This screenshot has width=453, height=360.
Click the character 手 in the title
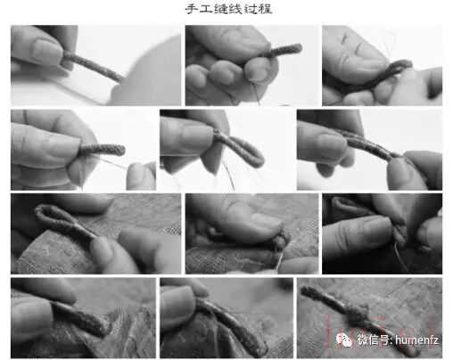pos(191,9)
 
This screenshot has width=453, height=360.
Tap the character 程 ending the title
pos(265,9)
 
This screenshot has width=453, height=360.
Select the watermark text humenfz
pos(416,340)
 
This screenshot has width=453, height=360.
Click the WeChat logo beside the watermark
pos(344,340)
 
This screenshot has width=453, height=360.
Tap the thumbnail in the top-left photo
pos(46,53)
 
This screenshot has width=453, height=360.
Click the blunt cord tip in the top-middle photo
pos(296,47)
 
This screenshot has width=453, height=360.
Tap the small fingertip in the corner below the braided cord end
pos(140,176)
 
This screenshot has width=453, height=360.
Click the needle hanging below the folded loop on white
pos(228,175)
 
